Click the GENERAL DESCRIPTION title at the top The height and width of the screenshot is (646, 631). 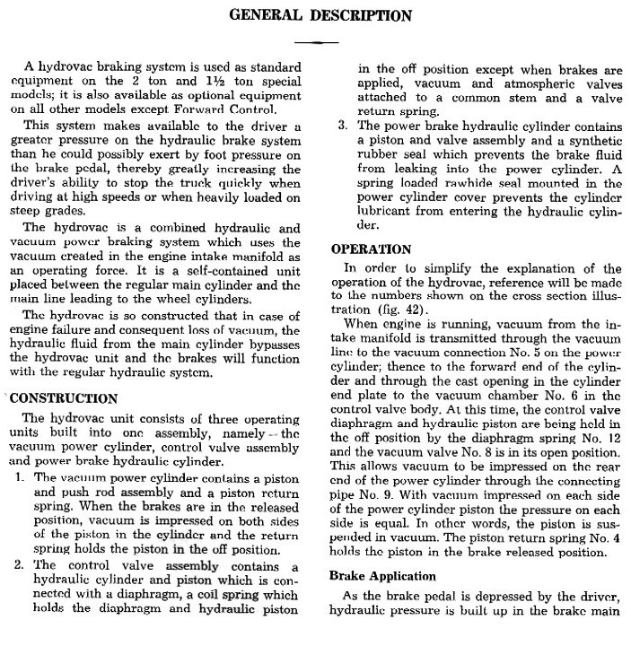click(x=321, y=15)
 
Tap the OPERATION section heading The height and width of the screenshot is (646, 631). click(x=372, y=249)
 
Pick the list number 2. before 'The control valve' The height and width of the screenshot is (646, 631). click(x=21, y=567)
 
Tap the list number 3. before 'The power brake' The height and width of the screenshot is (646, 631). click(x=342, y=127)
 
